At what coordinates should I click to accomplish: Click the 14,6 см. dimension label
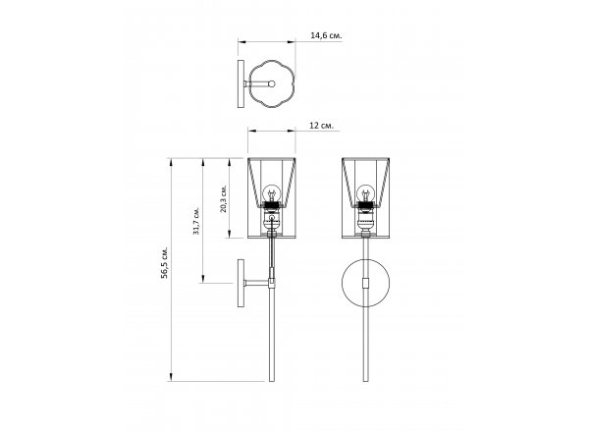[x=326, y=35]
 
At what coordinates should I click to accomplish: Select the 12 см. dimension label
[x=321, y=126]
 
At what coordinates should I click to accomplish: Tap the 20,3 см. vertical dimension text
[x=224, y=198]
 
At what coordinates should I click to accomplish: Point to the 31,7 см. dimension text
[x=196, y=221]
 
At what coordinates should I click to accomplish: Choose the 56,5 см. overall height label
[x=164, y=262]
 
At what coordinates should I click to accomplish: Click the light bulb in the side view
[x=271, y=193]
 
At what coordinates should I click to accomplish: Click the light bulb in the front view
[x=365, y=193]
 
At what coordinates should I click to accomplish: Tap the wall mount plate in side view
[x=241, y=283]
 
